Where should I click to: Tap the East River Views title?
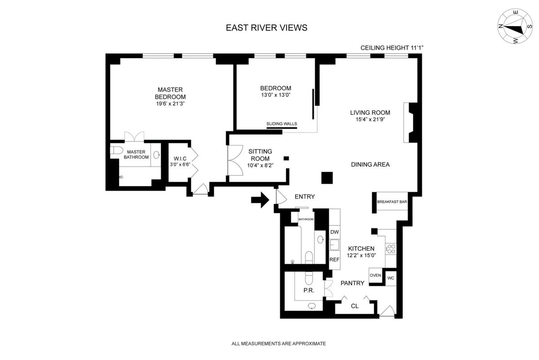tap(267, 28)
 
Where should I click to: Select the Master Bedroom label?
tap(170, 93)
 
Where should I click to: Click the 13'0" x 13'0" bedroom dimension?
tap(275, 95)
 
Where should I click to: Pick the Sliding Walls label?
tap(282, 124)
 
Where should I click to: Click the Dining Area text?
tap(370, 164)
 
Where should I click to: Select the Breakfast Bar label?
tap(392, 202)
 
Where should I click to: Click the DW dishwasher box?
tap(334, 232)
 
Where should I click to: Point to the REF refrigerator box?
tap(334, 260)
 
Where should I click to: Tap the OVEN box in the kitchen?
tap(375, 276)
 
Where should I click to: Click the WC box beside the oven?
tap(391, 278)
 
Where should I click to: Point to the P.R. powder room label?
tap(308, 290)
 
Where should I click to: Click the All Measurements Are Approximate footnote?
tap(278, 344)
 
